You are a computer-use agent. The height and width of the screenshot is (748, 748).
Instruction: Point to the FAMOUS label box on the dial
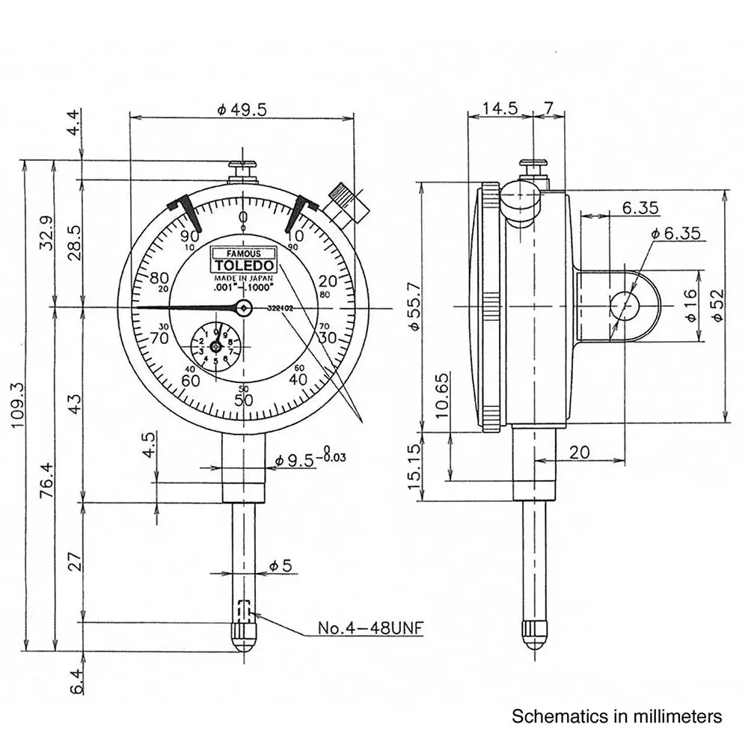point(244,253)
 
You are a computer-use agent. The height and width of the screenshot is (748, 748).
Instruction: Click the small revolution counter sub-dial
point(215,346)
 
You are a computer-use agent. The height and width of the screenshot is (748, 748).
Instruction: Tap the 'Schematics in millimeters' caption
point(617,717)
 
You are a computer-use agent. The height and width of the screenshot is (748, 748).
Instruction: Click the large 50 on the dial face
point(243,400)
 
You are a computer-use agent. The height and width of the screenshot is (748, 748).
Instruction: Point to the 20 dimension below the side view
point(578,452)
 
